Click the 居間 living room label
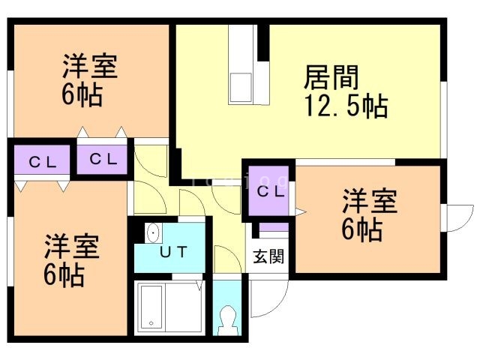point(331,78)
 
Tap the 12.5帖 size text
point(346,106)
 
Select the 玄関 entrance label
point(268,256)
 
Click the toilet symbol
point(226,320)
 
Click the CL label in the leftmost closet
point(40,160)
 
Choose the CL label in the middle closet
point(101,158)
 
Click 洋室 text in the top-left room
point(88,67)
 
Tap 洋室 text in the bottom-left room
point(71,246)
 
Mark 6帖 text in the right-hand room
point(362,229)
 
